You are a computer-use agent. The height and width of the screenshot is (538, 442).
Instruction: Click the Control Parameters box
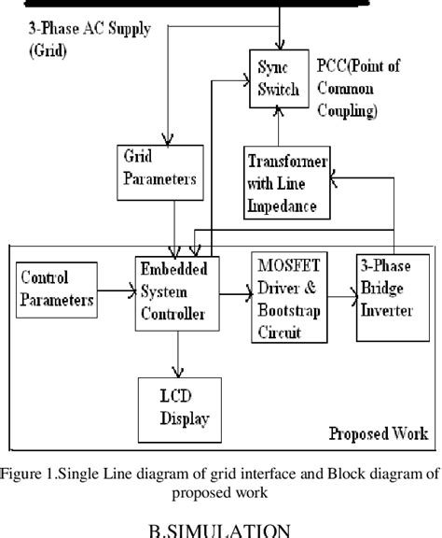coord(58,289)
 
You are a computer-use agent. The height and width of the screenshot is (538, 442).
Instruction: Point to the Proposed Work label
coord(379,433)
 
